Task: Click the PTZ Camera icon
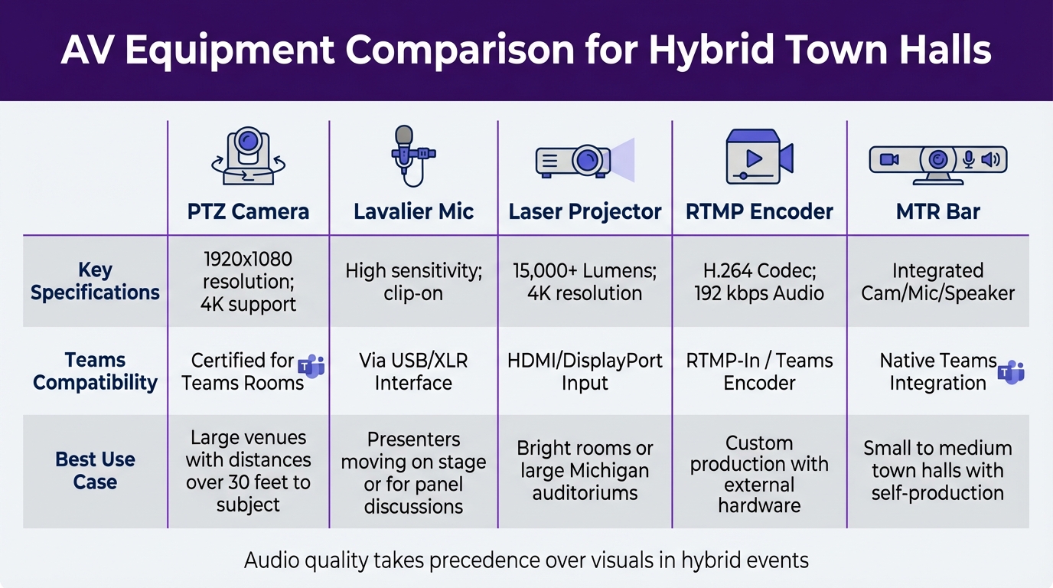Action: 247,157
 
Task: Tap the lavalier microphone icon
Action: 410,155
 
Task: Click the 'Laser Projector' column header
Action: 585,211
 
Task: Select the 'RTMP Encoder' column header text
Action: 759,211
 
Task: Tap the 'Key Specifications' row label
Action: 95,281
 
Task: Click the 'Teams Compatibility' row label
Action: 95,371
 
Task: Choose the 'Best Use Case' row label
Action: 95,471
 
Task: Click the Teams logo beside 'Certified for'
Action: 311,367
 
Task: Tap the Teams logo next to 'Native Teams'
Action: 1011,372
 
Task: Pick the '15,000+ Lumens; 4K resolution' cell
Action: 585,281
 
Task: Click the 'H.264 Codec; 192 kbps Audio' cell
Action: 759,281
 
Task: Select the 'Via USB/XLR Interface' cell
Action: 413,371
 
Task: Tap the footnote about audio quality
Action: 526,560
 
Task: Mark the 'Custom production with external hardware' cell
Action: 759,474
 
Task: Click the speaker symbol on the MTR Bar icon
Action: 989,159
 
